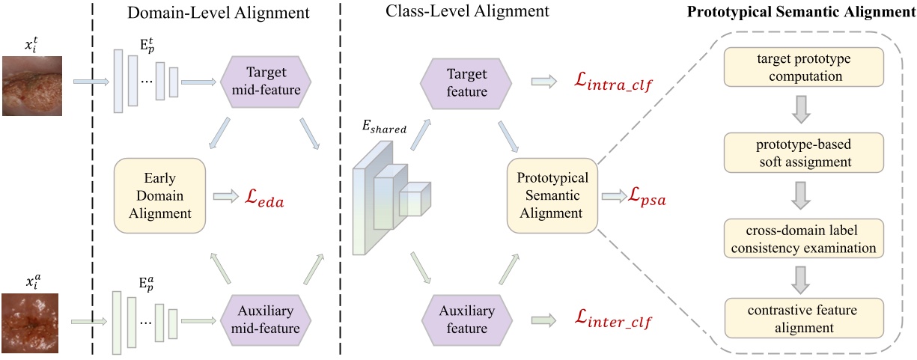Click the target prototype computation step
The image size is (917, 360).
[803, 67]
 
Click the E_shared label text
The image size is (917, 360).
[385, 129]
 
